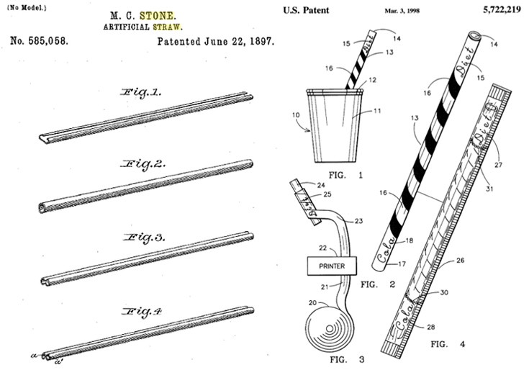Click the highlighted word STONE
(x=158, y=16)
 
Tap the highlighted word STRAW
(x=167, y=27)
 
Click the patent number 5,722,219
(x=502, y=9)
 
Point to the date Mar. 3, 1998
(x=402, y=11)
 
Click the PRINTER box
(x=332, y=266)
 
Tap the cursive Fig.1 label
(x=141, y=92)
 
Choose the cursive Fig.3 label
(x=144, y=238)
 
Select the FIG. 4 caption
(x=448, y=344)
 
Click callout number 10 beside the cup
(x=296, y=115)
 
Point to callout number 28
(x=430, y=327)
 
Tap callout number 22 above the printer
(x=323, y=248)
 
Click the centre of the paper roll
(x=330, y=328)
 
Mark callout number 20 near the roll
(x=313, y=303)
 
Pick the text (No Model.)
(x=27, y=7)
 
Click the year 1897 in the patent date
(x=261, y=41)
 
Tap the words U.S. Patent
(x=306, y=11)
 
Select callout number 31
(x=489, y=189)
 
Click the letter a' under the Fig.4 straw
(x=58, y=362)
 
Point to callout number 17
(x=402, y=263)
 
